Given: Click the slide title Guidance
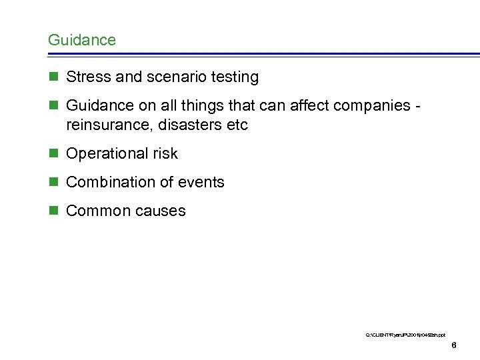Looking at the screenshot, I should coord(81,40).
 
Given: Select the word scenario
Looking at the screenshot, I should coord(171,77).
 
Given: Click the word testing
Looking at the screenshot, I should coord(234,77).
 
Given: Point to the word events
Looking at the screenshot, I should coord(201,182).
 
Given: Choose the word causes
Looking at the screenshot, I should coord(159,211).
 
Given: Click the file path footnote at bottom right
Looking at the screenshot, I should coord(405,333).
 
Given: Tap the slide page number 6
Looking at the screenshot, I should coord(453,345).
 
